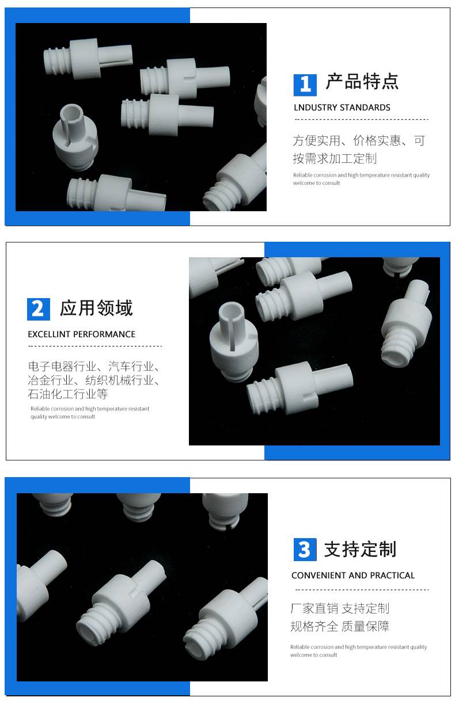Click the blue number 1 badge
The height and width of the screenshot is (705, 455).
click(305, 85)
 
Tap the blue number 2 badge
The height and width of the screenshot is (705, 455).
click(39, 310)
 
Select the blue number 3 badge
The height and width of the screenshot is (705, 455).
click(305, 550)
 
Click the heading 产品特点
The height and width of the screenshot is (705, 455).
click(362, 82)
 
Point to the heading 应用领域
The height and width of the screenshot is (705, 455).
click(96, 308)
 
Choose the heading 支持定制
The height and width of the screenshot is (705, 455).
click(360, 549)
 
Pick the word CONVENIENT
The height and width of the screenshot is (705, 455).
click(318, 576)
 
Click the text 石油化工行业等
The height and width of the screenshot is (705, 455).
click(68, 394)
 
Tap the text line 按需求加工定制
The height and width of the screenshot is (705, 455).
click(335, 158)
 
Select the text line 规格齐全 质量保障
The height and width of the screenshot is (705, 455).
click(339, 626)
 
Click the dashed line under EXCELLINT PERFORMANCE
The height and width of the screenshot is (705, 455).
click(95, 346)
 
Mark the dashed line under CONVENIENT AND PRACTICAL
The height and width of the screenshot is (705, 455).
click(362, 590)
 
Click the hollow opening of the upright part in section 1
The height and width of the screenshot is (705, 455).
click(71, 111)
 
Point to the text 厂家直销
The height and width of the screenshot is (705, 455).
click(314, 608)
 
